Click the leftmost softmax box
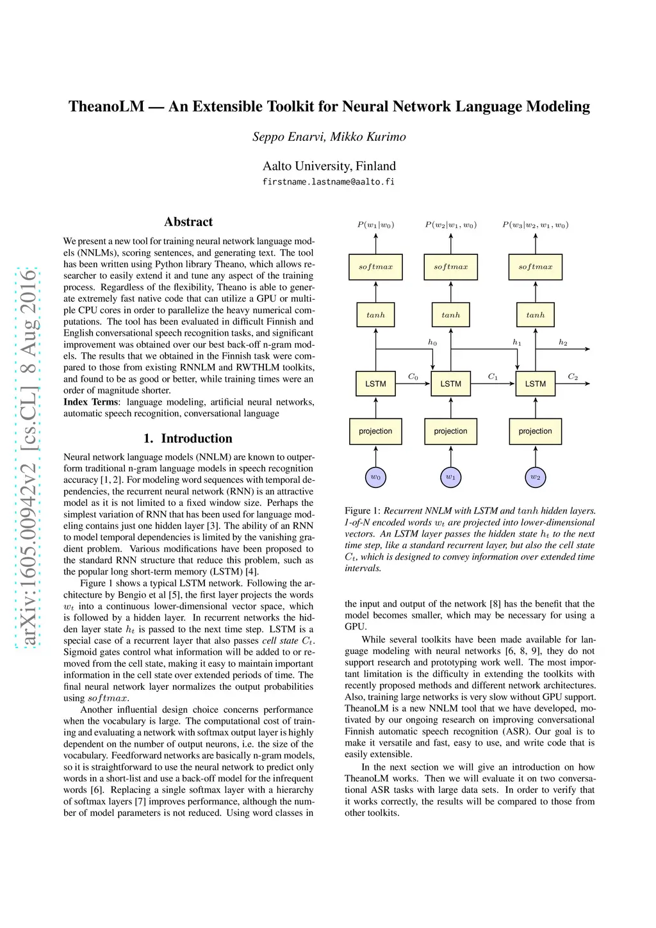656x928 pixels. pyautogui.click(x=375, y=267)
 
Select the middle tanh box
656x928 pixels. pyautogui.click(x=450, y=315)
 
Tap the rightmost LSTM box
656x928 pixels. pyautogui.click(x=535, y=384)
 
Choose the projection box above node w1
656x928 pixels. pyautogui.click(x=450, y=431)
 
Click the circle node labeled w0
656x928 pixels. pyautogui.click(x=375, y=477)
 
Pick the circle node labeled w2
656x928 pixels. pyautogui.click(x=535, y=477)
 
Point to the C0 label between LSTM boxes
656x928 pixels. pyautogui.click(x=413, y=377)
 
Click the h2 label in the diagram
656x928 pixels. pyautogui.click(x=562, y=343)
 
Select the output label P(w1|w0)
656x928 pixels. pyautogui.click(x=375, y=225)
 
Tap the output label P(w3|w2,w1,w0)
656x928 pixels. pyautogui.click(x=535, y=225)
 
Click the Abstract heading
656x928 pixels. pyautogui.click(x=188, y=222)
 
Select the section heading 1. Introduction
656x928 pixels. pyautogui.click(x=188, y=438)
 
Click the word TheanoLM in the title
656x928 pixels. pyautogui.click(x=106, y=106)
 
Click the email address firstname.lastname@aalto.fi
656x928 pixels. pyautogui.click(x=328, y=182)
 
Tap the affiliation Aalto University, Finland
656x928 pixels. pyautogui.click(x=329, y=166)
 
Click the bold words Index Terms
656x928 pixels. pyautogui.click(x=90, y=402)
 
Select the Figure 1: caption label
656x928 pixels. pyautogui.click(x=362, y=511)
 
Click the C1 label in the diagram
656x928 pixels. pyautogui.click(x=493, y=377)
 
